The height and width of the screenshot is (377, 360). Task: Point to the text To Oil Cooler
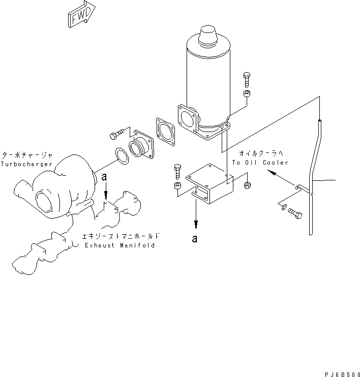pyautogui.click(x=260, y=163)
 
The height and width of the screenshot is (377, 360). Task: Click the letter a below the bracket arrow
pyautogui.click(x=195, y=239)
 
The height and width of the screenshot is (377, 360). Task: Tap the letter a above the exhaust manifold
pyautogui.click(x=104, y=177)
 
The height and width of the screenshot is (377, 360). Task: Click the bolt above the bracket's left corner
pyautogui.click(x=177, y=171)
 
